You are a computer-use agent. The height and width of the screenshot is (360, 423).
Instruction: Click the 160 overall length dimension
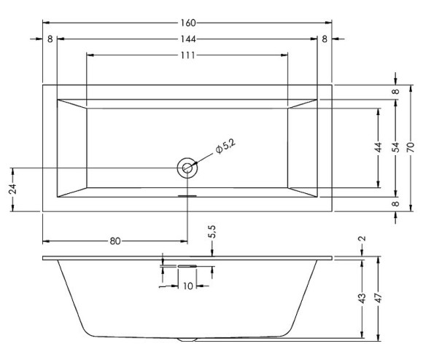click(187, 22)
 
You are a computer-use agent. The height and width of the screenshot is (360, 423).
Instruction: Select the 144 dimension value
click(187, 39)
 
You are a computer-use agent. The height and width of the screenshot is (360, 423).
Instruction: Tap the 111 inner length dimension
click(187, 55)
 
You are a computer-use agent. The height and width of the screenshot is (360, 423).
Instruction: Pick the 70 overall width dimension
click(412, 147)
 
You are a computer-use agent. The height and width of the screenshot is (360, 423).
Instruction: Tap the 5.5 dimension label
click(211, 232)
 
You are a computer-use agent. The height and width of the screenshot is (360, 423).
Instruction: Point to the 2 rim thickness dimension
click(362, 239)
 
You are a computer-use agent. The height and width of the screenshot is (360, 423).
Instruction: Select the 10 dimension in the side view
click(187, 286)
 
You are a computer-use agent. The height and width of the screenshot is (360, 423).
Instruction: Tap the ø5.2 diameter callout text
click(225, 146)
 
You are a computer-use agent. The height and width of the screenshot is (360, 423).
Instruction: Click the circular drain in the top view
click(187, 168)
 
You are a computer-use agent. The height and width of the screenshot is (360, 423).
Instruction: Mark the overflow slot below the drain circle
click(187, 195)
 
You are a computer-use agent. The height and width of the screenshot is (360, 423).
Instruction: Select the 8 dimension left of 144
click(50, 39)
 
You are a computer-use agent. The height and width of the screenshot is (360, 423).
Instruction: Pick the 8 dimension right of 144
click(325, 39)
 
